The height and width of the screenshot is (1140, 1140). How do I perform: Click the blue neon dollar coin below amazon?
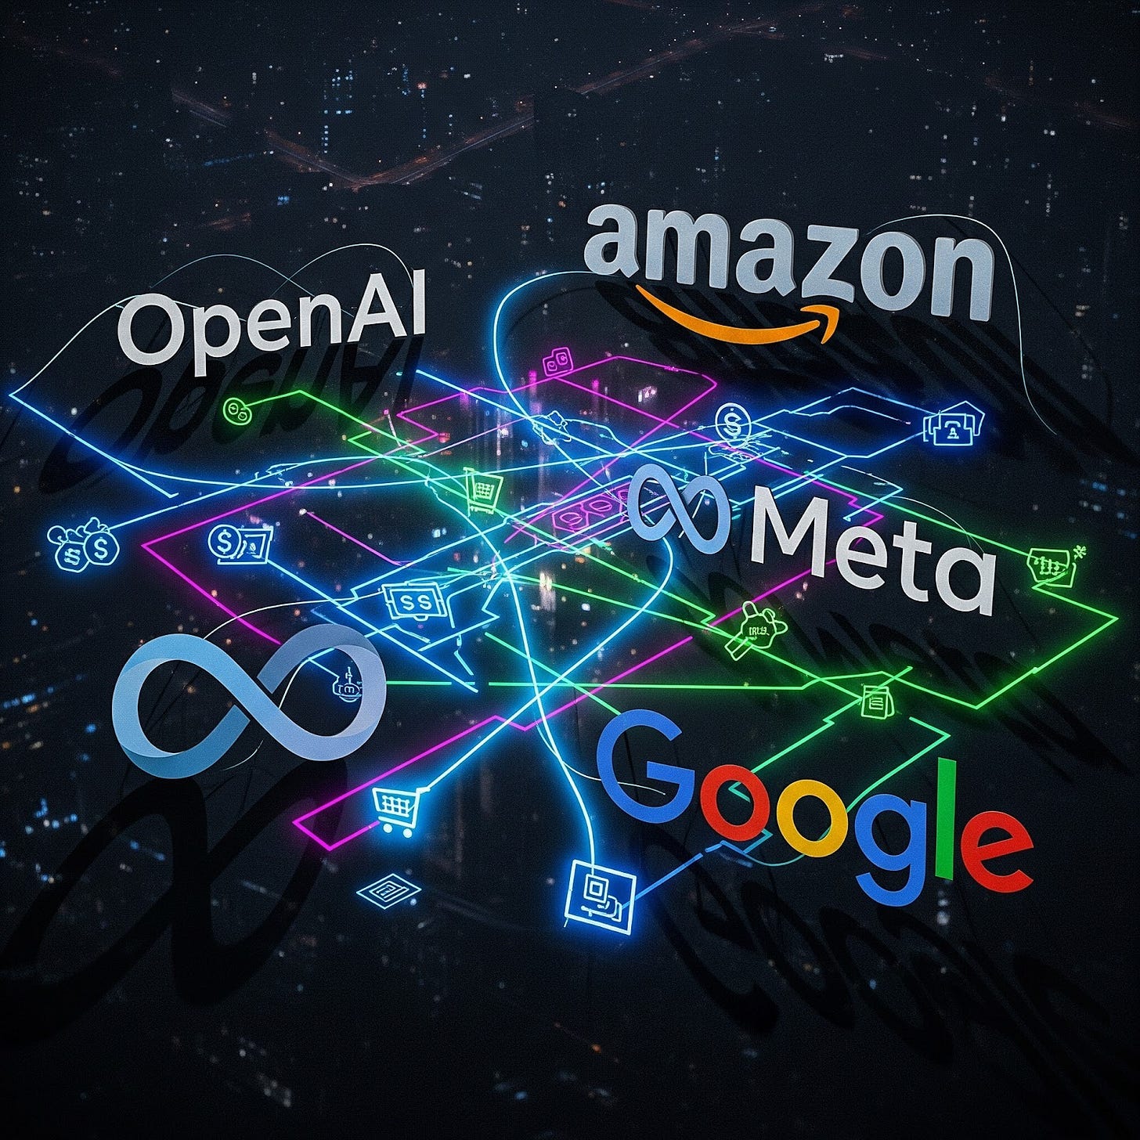(x=732, y=423)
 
